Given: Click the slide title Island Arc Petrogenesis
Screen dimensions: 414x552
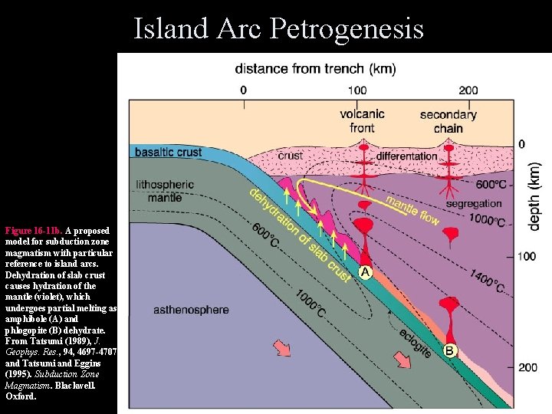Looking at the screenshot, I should click(x=278, y=28).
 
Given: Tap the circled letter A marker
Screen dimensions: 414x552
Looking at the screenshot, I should click(x=365, y=272).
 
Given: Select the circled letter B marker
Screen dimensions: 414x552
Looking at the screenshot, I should click(x=450, y=351).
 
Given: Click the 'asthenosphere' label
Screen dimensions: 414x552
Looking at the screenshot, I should click(x=191, y=310).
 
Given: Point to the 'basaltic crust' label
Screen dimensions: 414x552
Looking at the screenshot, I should click(x=168, y=152).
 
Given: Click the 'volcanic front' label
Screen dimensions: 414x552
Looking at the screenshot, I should click(x=362, y=121).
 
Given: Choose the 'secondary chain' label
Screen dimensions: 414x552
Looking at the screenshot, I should click(x=448, y=121).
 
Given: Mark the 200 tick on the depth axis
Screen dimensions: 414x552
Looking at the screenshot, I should click(x=526, y=367).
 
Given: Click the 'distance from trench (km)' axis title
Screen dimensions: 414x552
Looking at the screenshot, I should click(x=315, y=69).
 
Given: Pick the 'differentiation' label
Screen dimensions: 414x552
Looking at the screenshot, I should click(x=406, y=156).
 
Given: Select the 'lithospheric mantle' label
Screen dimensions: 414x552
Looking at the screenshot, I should click(x=164, y=191).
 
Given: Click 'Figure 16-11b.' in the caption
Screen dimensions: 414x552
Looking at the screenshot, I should click(x=34, y=230).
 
